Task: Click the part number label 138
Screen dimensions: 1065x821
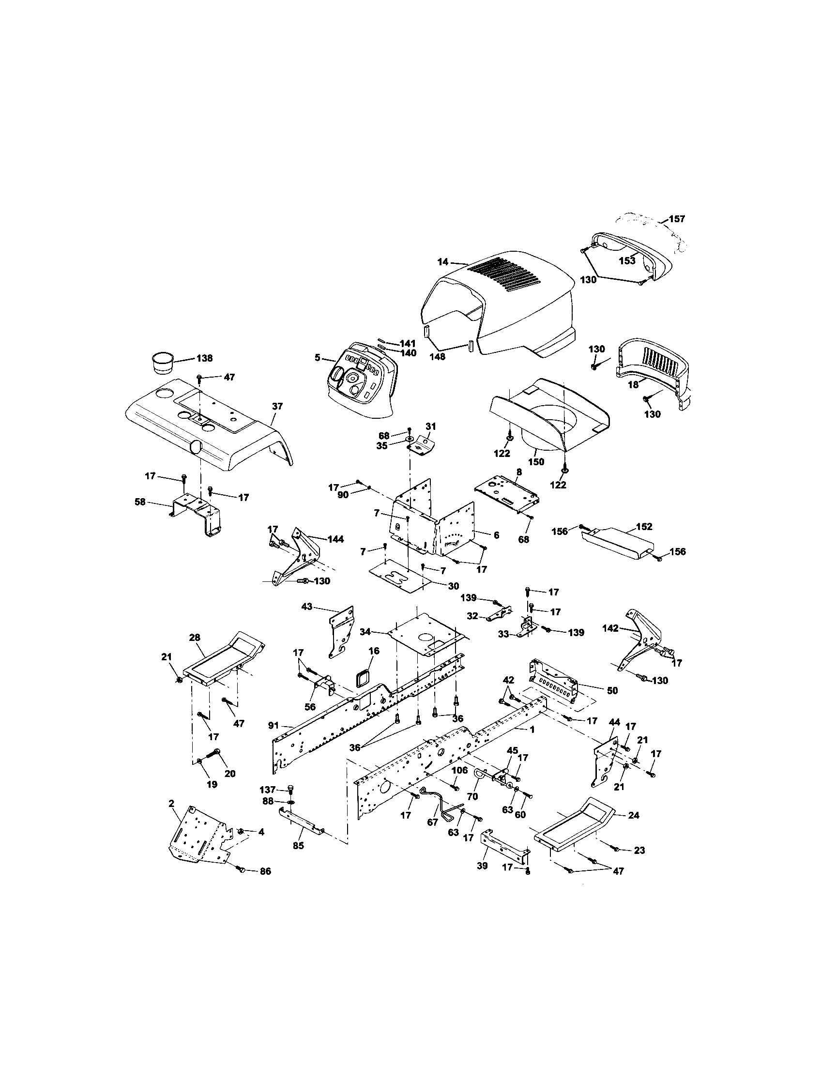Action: pyautogui.click(x=204, y=358)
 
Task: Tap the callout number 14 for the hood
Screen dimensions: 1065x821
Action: pyautogui.click(x=442, y=262)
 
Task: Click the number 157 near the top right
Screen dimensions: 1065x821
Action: pyautogui.click(x=677, y=219)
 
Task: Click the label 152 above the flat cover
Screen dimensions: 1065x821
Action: pyautogui.click(x=644, y=527)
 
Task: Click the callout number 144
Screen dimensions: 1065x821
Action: pyautogui.click(x=335, y=539)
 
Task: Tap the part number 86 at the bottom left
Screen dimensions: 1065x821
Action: pyautogui.click(x=265, y=871)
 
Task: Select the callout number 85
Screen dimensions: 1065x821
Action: pyautogui.click(x=298, y=846)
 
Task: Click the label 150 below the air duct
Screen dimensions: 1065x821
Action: pyautogui.click(x=537, y=461)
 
